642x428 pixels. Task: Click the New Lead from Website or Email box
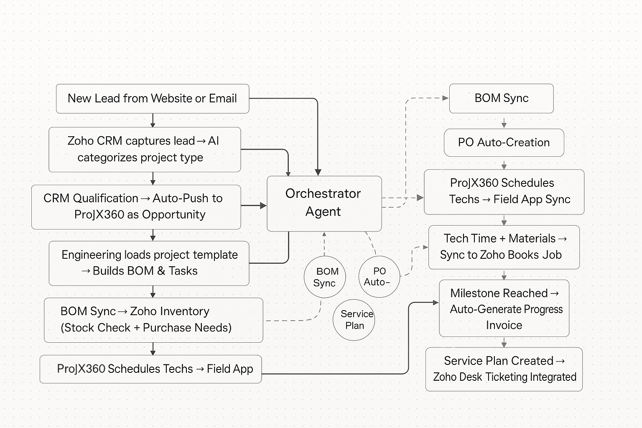[153, 99]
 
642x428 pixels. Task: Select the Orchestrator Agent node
[324, 203]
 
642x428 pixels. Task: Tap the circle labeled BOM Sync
[325, 277]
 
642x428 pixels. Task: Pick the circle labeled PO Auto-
[379, 277]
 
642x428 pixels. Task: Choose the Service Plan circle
[354, 320]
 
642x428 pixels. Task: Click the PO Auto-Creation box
[504, 143]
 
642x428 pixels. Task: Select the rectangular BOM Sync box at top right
[501, 98]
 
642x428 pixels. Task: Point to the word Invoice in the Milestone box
[504, 325]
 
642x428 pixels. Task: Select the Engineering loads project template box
[149, 263]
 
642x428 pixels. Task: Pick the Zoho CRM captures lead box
[145, 150]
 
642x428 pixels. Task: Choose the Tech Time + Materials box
[504, 247]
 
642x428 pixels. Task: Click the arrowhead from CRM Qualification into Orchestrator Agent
[263, 205]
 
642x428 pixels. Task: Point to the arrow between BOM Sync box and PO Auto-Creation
[504, 123]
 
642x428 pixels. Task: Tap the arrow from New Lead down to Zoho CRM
[153, 121]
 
